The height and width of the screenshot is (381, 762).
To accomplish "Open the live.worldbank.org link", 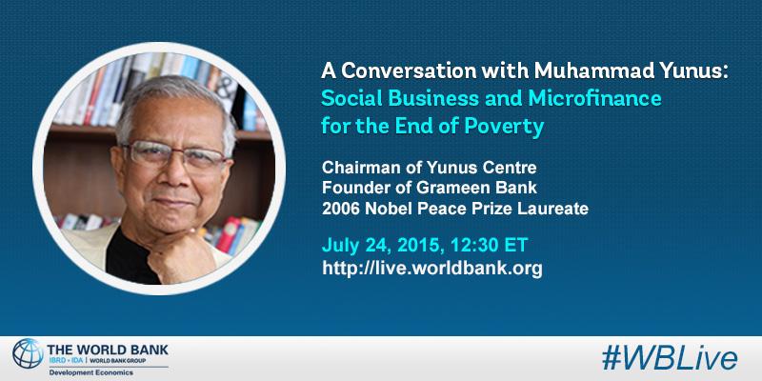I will [434, 269].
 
